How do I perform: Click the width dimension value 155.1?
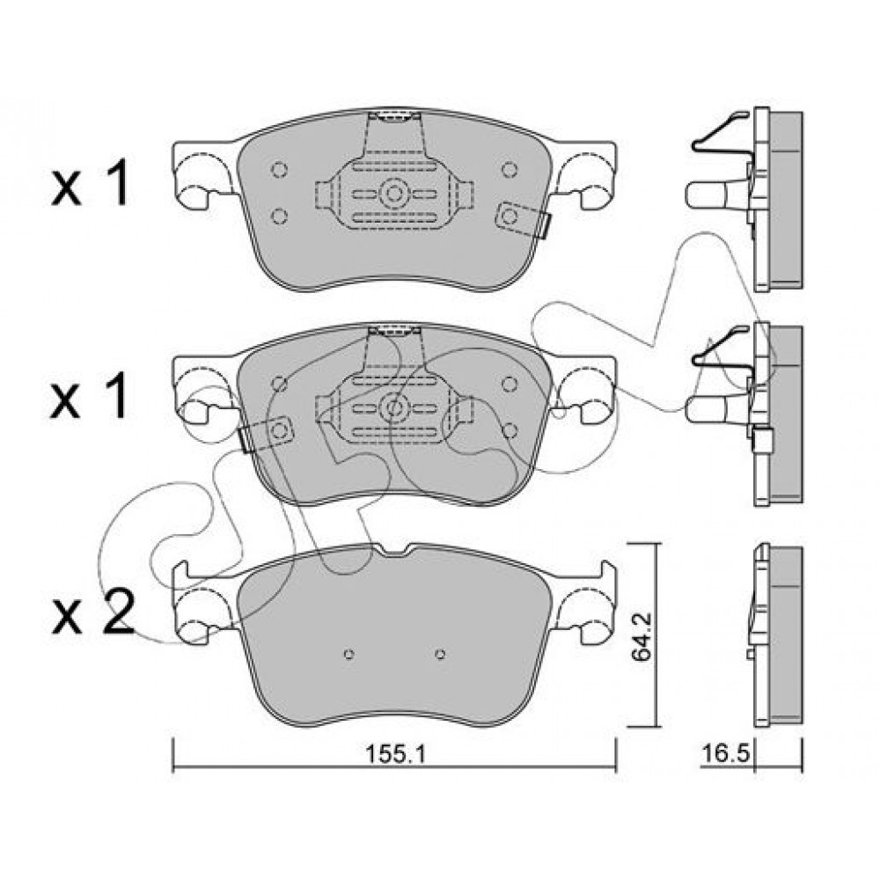click(396, 754)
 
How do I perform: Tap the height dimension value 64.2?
click(642, 636)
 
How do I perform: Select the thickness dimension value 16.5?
click(726, 753)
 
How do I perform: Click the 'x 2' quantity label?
click(92, 612)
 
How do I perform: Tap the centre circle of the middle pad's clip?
click(394, 408)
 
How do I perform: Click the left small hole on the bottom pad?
click(349, 654)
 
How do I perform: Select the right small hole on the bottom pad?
click(441, 654)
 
